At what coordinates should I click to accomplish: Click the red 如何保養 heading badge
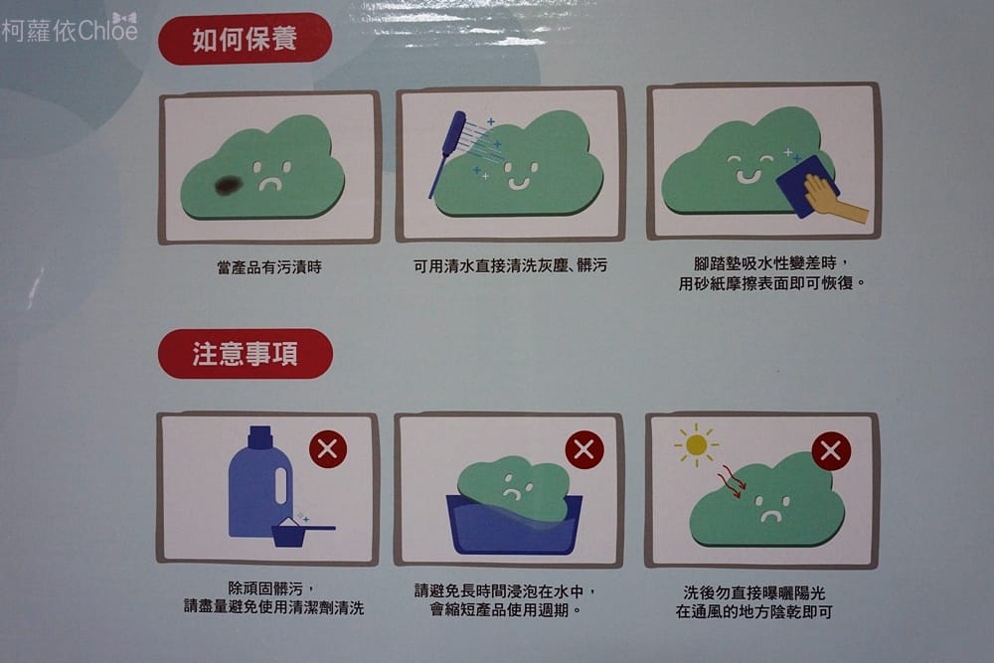click(245, 39)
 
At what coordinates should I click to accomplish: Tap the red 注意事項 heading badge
click(246, 354)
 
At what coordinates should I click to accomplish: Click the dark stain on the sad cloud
click(229, 185)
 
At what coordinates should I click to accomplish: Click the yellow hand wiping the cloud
click(834, 199)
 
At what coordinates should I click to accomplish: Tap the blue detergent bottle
click(259, 482)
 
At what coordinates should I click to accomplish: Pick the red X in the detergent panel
click(328, 449)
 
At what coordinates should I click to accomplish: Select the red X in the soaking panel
click(583, 450)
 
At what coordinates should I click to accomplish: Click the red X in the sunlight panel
click(830, 450)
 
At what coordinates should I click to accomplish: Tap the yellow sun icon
click(696, 445)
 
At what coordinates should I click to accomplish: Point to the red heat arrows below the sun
click(733, 482)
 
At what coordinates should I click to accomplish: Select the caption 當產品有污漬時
click(269, 267)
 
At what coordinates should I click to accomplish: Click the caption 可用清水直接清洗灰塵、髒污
click(510, 265)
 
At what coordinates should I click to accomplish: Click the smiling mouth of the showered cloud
click(518, 184)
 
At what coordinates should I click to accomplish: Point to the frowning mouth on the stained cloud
click(270, 185)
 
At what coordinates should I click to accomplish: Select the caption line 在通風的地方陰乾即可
click(753, 611)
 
